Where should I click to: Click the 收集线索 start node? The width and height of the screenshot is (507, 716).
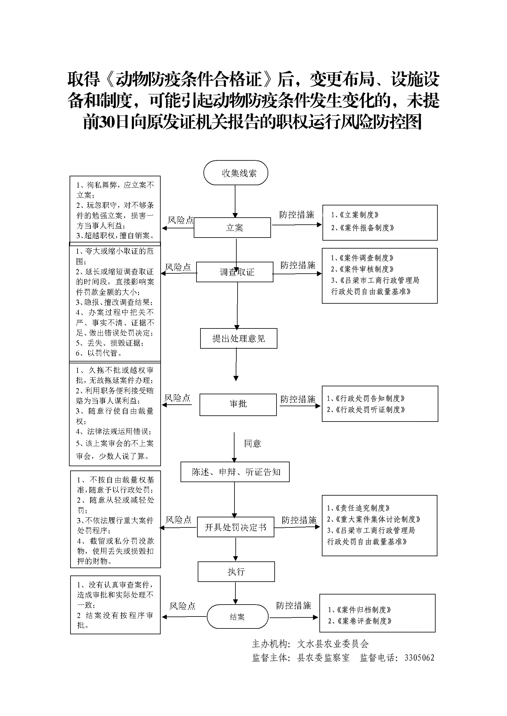click(236, 173)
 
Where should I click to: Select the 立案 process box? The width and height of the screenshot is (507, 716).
click(232, 228)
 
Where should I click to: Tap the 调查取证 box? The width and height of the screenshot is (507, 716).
click(235, 272)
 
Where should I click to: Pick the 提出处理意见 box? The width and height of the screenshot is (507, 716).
click(238, 338)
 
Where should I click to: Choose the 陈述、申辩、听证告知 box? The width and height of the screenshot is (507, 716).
click(235, 472)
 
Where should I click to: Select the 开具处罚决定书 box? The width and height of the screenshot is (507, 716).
click(235, 527)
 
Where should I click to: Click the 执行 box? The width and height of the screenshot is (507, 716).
click(236, 572)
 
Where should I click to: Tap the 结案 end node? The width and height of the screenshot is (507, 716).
click(237, 617)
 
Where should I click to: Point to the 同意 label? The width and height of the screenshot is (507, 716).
click(252, 444)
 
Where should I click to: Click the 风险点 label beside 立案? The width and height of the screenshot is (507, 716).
click(181, 220)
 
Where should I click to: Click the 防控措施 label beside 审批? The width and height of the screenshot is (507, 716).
click(298, 399)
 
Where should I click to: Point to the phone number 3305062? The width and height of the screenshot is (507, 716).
click(419, 658)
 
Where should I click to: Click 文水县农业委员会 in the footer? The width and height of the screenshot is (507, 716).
click(333, 644)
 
